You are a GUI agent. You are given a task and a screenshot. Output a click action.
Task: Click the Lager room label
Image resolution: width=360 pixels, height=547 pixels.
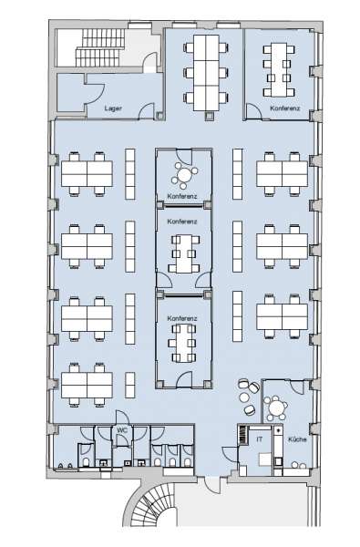[113, 108]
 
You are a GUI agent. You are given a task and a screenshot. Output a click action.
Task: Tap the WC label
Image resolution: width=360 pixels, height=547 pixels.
[122, 430]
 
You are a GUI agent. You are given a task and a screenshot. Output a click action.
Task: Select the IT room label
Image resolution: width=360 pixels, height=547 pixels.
[259, 439]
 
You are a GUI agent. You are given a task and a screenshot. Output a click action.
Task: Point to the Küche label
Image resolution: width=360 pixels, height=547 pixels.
[297, 439]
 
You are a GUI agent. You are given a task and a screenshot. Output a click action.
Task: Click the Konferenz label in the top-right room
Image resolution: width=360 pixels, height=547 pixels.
[285, 108]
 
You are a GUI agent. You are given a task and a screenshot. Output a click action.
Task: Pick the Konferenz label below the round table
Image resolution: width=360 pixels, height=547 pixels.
[182, 196]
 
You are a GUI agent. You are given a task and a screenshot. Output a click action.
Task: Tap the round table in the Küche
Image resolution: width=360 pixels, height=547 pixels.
[276, 408]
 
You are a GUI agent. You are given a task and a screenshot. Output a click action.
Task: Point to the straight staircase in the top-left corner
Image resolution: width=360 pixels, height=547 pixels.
[99, 47]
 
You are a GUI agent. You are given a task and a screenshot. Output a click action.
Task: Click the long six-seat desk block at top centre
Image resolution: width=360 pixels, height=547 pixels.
[206, 73]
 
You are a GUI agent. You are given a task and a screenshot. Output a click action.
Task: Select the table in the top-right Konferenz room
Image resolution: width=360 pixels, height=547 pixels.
[279, 70]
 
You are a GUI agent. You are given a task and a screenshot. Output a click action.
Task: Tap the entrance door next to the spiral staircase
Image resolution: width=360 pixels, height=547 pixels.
[213, 485]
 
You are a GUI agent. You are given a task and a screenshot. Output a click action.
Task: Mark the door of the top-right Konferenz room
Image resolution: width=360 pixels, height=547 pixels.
[254, 111]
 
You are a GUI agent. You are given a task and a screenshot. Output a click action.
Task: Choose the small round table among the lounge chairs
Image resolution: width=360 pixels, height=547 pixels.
[244, 397]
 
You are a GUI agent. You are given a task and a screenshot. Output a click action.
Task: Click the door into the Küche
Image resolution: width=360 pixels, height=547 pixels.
[297, 387]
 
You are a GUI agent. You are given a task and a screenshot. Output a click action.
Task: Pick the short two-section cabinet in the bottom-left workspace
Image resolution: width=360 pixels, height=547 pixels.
[130, 385]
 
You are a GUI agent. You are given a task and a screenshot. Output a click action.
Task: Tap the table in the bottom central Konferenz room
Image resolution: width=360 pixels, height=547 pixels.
[182, 344]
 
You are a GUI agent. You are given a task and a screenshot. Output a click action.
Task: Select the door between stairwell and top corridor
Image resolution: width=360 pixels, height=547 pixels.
[151, 61]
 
